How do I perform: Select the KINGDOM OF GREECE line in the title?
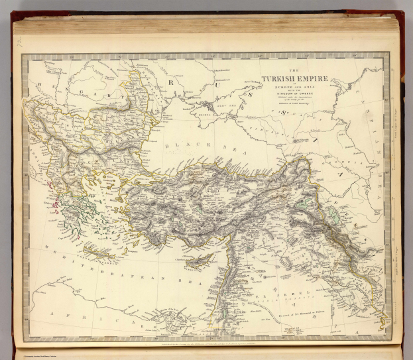click(x=291, y=95)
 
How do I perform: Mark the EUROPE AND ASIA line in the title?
click(x=291, y=88)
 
